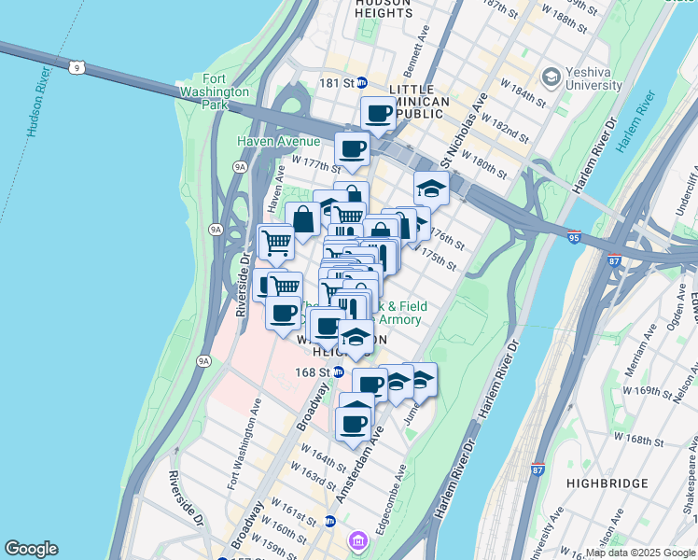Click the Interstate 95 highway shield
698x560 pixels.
tap(573, 238)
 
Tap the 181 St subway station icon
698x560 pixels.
tap(362, 83)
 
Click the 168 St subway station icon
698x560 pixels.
tap(339, 371)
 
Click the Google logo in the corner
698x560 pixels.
tap(31, 549)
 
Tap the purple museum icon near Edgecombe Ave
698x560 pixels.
tap(357, 539)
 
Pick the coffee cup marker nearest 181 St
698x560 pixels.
tap(378, 114)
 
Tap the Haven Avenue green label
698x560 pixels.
tap(266, 141)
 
